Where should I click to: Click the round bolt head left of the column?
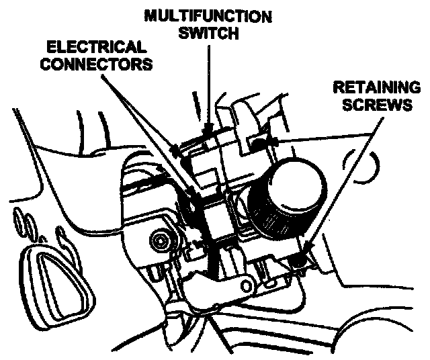(161, 240)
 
